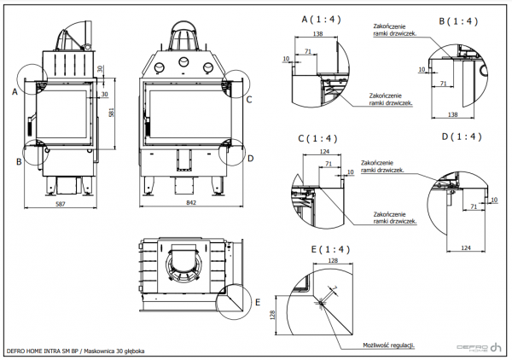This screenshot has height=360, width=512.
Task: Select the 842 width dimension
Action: pyautogui.click(x=191, y=206)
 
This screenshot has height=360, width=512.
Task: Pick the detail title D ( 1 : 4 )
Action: pyautogui.click(x=462, y=136)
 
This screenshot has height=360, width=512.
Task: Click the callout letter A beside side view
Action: pyautogui.click(x=15, y=89)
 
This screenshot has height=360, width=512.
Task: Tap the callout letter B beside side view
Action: pyautogui.click(x=18, y=160)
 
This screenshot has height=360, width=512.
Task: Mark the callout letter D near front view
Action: pyautogui.click(x=250, y=158)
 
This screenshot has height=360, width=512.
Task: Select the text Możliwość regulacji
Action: pyautogui.click(x=388, y=345)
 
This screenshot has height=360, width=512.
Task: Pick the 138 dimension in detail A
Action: pyautogui.click(x=317, y=33)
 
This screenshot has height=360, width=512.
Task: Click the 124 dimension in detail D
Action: pyautogui.click(x=466, y=247)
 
